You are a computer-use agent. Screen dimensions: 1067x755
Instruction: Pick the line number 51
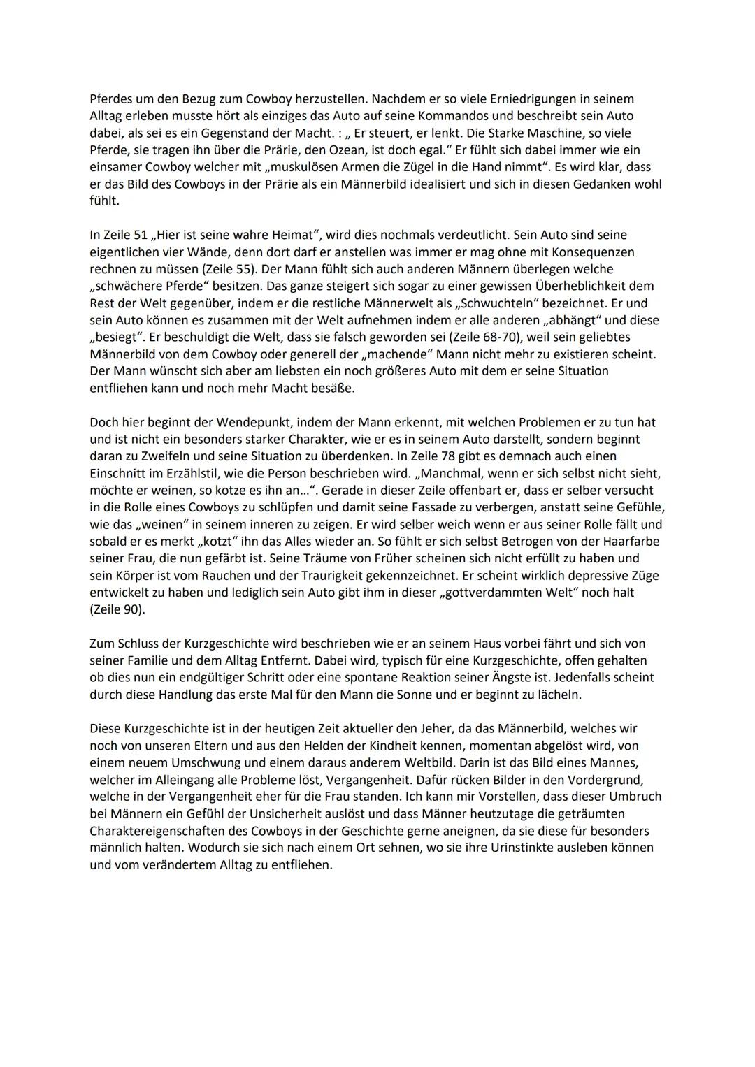pos(140,235)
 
